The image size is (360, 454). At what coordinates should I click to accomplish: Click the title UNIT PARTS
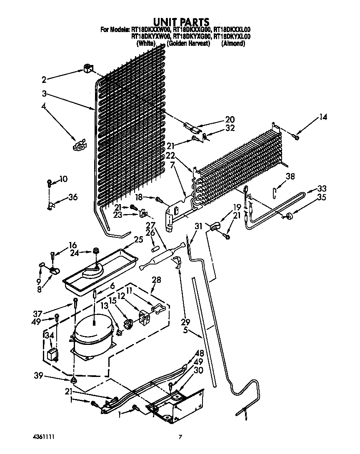tap(180, 22)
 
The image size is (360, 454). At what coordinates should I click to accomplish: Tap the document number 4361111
tap(44, 437)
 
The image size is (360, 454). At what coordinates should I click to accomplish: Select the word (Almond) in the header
tap(233, 43)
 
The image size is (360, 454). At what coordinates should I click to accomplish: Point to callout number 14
tap(323, 117)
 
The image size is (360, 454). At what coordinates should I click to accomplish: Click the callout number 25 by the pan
tap(138, 239)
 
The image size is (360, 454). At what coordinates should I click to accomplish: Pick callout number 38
tap(290, 177)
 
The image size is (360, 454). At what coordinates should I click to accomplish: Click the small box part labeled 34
tap(52, 355)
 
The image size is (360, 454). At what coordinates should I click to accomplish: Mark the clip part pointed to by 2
tap(87, 69)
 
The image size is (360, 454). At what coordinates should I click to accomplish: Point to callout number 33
tap(322, 188)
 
